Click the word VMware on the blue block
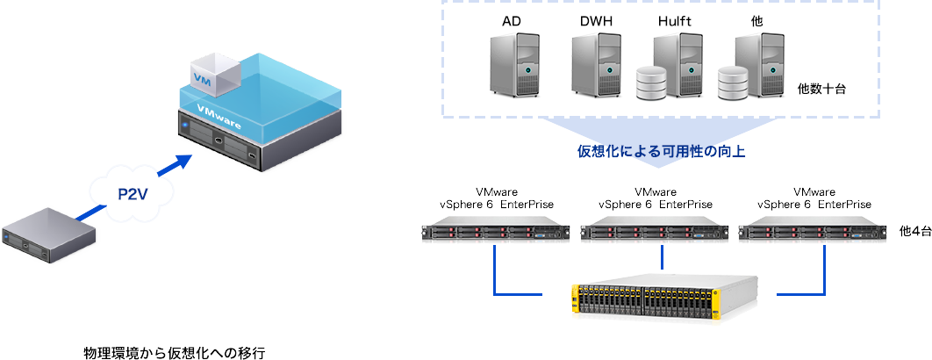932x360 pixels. (x=220, y=118)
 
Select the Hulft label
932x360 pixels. (x=675, y=19)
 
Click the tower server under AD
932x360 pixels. (x=515, y=62)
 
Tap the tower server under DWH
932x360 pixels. (x=596, y=62)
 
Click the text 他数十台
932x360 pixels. (x=821, y=89)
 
